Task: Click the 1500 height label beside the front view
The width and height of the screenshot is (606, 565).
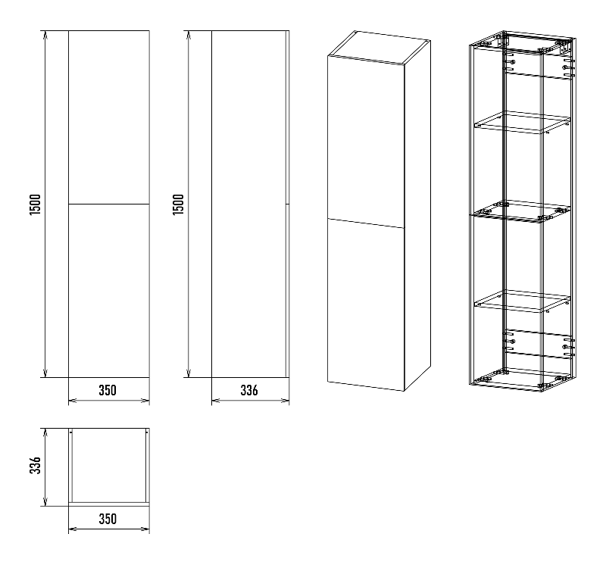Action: click(35, 204)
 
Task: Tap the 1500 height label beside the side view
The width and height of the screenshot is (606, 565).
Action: click(178, 204)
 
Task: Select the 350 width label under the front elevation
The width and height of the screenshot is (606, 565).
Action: click(108, 390)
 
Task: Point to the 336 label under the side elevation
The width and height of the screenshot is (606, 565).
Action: click(249, 390)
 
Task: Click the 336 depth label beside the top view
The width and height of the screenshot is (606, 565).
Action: click(35, 465)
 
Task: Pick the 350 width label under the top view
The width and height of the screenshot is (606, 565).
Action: click(108, 519)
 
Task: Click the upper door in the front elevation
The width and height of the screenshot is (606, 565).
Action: click(109, 117)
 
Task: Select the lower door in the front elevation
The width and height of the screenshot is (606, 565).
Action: click(109, 291)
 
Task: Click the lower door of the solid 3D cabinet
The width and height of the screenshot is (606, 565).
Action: click(366, 305)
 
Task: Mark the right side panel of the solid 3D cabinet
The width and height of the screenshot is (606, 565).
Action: click(417, 216)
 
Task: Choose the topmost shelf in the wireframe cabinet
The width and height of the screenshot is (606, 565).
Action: click(522, 123)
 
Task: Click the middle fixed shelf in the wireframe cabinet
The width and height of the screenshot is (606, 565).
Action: click(521, 211)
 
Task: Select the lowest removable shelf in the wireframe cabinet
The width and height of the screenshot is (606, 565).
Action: click(522, 301)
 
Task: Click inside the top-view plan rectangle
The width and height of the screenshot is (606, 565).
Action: click(109, 466)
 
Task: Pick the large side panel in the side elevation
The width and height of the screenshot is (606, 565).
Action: click(248, 204)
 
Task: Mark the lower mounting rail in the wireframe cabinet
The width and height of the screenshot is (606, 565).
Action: click(539, 344)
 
